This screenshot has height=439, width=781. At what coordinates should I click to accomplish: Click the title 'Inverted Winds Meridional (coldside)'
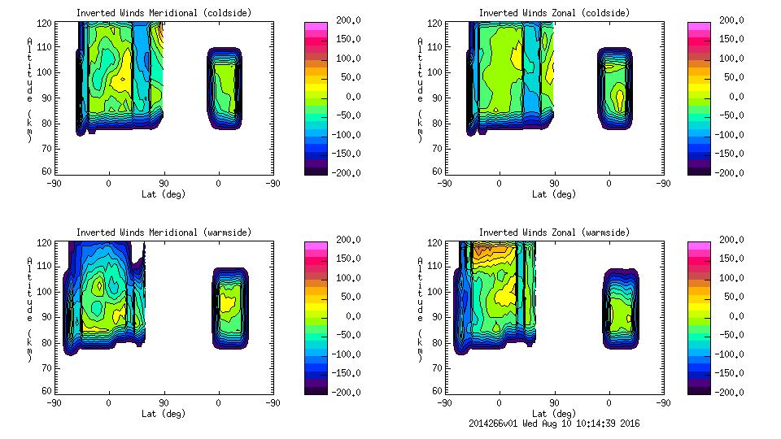point(164,13)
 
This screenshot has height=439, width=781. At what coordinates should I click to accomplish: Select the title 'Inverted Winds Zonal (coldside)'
point(554,13)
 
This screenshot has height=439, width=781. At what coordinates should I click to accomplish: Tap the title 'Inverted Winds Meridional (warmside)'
point(164,233)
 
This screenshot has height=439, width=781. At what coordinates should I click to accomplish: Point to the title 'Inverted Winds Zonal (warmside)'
point(554,233)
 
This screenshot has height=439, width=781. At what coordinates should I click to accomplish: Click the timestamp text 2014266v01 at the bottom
point(496,424)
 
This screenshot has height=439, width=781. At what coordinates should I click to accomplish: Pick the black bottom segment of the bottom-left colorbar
point(316,389)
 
